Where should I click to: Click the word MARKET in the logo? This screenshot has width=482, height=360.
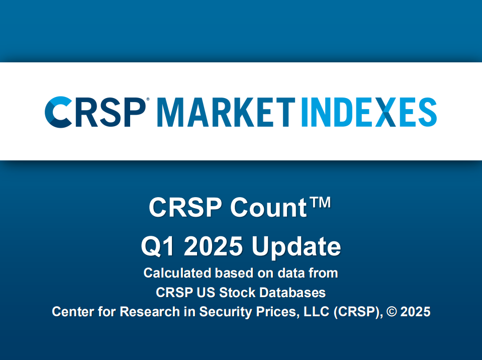click(x=225, y=112)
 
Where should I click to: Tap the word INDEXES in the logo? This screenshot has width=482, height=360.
click(x=368, y=112)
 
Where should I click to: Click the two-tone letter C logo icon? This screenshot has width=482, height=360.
click(x=58, y=112)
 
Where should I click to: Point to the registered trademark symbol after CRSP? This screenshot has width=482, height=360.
click(x=147, y=101)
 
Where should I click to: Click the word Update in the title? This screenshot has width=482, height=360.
click(x=296, y=247)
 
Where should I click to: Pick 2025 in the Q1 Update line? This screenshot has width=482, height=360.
click(x=215, y=246)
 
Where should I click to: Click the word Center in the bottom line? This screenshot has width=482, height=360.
click(x=70, y=312)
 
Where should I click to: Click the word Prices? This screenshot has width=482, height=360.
click(x=277, y=312)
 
